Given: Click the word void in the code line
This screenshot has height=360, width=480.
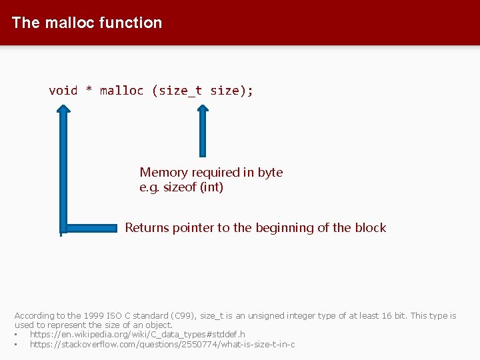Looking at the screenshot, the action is (63, 91).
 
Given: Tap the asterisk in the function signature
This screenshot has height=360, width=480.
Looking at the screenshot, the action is (89, 91).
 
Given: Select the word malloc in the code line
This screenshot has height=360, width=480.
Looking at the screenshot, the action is (121, 91).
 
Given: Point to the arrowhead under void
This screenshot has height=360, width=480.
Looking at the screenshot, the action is (63, 113).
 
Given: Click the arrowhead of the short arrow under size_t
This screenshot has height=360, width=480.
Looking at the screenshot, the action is (202, 112).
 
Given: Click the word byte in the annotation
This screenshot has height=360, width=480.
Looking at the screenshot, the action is (270, 173).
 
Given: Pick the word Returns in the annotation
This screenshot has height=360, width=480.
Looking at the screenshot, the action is (147, 228).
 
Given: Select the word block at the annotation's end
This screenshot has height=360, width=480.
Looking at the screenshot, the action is (370, 228).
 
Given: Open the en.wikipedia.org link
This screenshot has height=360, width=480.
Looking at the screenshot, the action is (137, 334).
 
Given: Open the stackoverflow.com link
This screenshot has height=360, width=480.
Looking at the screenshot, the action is (162, 344).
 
